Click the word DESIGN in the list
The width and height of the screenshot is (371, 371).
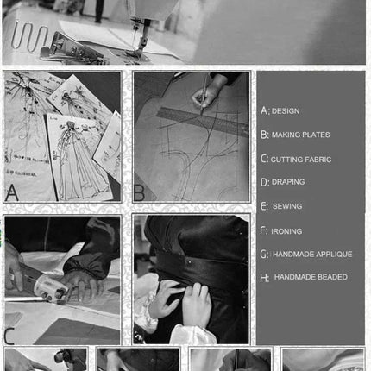click(286, 111)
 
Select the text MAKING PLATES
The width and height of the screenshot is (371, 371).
click(300, 135)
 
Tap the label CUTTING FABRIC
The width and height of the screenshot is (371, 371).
click(301, 160)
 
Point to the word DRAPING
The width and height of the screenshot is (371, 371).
click(288, 182)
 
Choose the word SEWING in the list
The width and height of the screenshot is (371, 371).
click(287, 206)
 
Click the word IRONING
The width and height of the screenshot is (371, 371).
click(286, 231)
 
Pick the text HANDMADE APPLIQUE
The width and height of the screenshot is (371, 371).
click(312, 255)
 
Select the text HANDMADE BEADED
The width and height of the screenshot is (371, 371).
click(311, 277)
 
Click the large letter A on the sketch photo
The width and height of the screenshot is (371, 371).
click(12, 192)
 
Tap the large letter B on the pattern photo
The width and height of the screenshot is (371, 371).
click(139, 193)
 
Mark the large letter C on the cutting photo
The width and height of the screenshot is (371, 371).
click(9, 336)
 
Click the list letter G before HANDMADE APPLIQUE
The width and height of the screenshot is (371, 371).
click(263, 255)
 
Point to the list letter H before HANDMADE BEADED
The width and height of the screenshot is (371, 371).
click(264, 278)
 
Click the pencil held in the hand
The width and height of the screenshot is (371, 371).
click(204, 93)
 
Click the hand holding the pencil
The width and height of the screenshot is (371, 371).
click(205, 93)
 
